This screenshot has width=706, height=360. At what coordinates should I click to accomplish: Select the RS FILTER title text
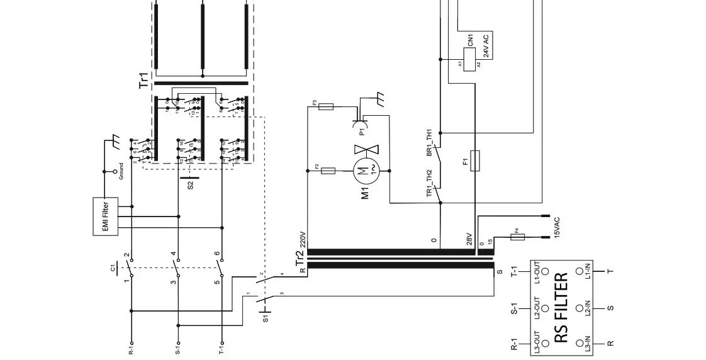tap(561, 308)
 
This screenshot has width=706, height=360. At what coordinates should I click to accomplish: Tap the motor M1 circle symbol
tap(364, 170)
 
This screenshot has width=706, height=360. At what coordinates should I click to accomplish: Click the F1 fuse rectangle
tap(476, 161)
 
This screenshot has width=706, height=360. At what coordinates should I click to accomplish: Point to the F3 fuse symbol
tap(325, 108)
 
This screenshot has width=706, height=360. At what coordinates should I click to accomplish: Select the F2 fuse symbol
tap(328, 171)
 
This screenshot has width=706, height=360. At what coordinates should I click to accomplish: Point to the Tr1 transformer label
tap(144, 80)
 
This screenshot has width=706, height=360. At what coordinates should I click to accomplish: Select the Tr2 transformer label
tap(300, 258)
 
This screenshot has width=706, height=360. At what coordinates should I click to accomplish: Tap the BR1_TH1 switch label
tap(430, 142)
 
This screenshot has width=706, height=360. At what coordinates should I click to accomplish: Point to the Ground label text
tap(121, 171)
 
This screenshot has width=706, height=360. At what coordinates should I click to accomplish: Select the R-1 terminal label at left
tap(131, 347)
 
